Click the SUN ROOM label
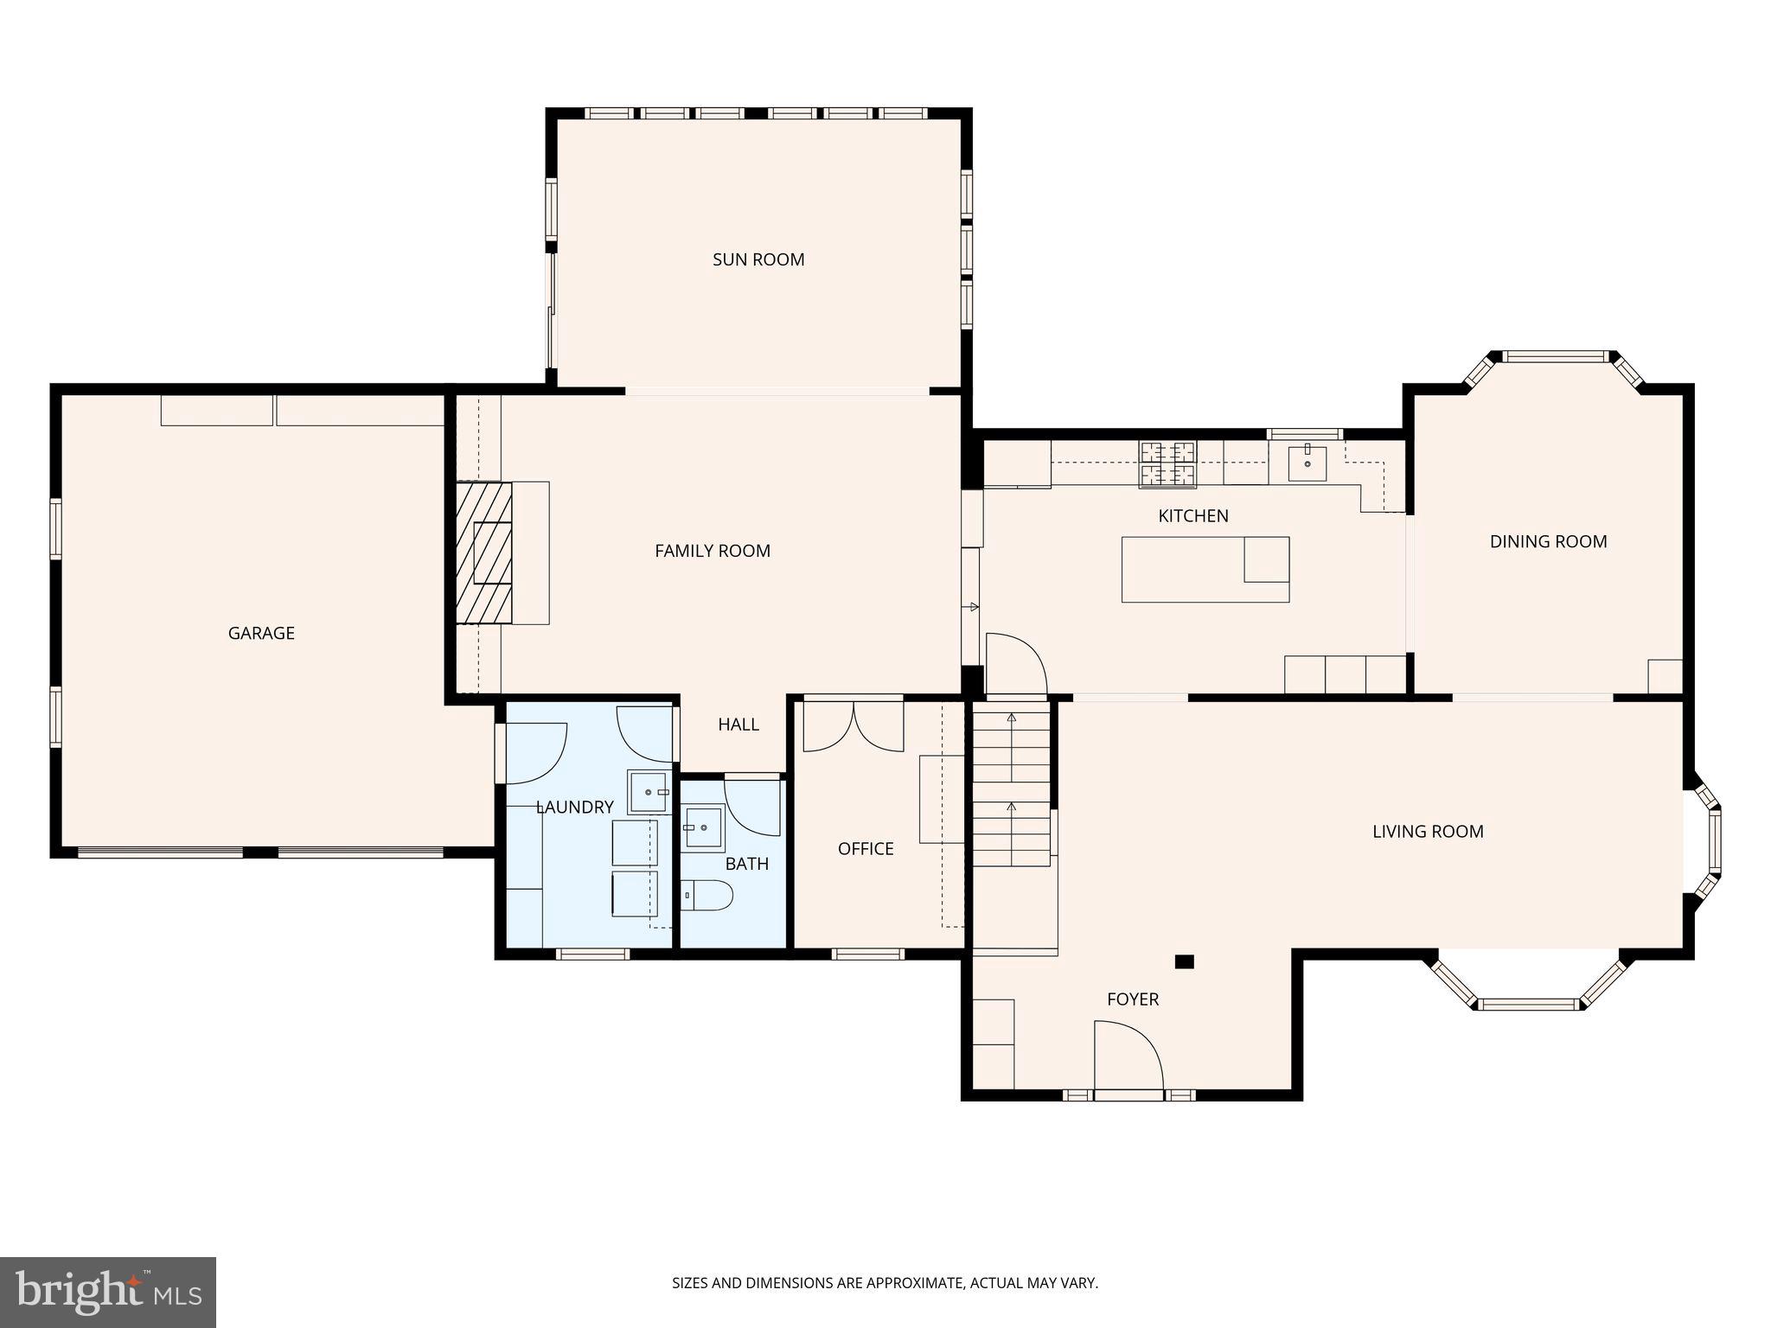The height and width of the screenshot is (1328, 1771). (758, 259)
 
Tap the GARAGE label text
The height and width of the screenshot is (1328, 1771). (261, 633)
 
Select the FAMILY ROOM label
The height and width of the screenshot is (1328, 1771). (712, 551)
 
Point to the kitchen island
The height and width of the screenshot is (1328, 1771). (1205, 569)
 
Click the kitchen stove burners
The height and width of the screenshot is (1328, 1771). (1167, 463)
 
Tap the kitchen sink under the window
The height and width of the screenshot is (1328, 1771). (1307, 463)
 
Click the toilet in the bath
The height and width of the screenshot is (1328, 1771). (706, 895)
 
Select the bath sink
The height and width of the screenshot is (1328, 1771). (702, 828)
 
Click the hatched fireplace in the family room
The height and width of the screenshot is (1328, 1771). (484, 552)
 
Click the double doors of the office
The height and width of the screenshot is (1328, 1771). (854, 725)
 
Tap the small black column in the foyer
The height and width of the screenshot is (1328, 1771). (1184, 961)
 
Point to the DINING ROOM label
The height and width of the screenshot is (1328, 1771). (1548, 541)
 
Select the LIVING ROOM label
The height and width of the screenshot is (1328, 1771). (1428, 831)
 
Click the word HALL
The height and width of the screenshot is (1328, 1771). (738, 725)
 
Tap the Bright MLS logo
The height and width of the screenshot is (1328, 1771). (108, 1293)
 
